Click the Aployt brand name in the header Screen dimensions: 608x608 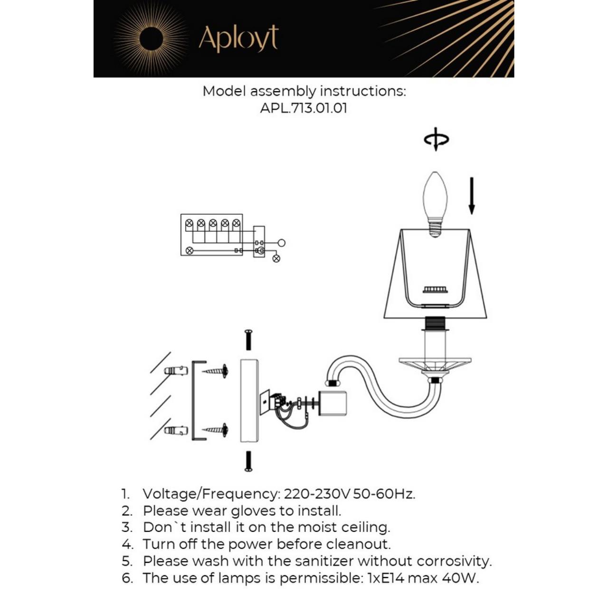click(238, 38)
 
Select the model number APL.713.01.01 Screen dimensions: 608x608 click(304, 108)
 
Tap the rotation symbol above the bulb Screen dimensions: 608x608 click(436, 139)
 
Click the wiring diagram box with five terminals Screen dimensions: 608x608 click(212, 235)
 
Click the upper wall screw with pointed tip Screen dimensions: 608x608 click(216, 370)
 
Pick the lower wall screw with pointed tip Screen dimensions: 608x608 click(216, 430)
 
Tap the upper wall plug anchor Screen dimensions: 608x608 click(176, 370)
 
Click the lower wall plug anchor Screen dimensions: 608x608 click(176, 431)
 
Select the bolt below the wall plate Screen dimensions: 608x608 click(248, 461)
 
